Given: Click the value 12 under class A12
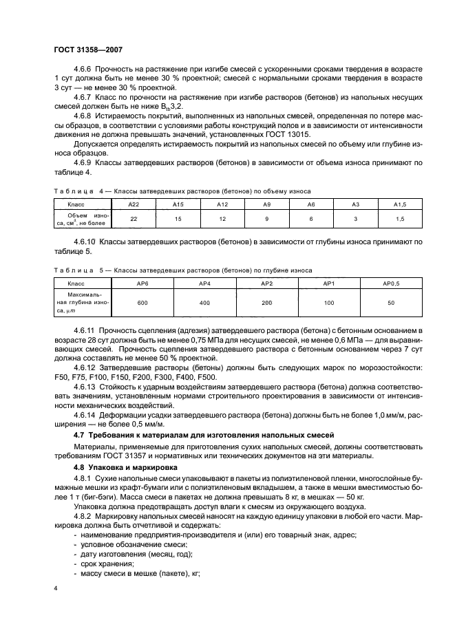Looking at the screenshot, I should [221, 219].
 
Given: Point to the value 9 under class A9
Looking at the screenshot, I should [266, 219].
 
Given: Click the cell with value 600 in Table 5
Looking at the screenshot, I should [142, 303].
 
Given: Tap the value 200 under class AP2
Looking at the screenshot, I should [266, 303].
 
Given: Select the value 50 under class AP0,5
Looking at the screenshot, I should [391, 303].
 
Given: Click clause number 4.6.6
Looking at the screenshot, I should [84, 70].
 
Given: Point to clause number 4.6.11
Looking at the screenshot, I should [86, 332].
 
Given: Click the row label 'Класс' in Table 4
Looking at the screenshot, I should [76, 205].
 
